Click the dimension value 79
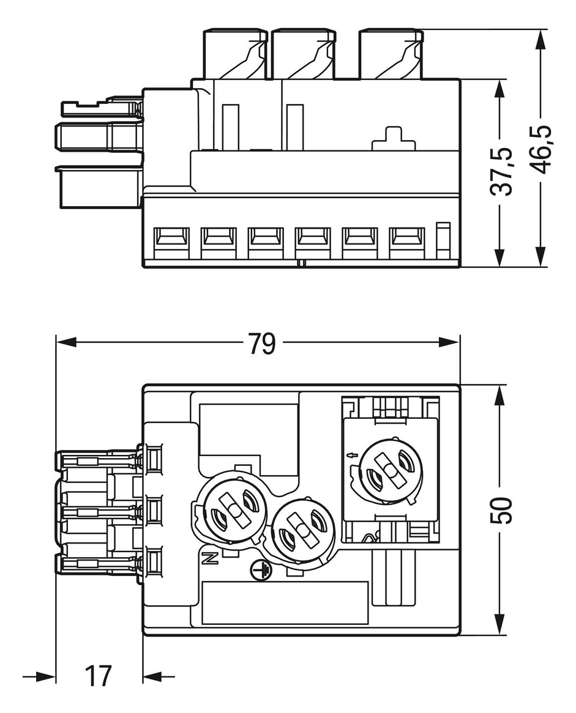click(x=263, y=344)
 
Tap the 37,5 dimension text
click(x=502, y=171)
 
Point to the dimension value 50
click(x=502, y=510)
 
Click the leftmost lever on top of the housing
click(x=235, y=54)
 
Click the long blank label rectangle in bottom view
click(x=285, y=603)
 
